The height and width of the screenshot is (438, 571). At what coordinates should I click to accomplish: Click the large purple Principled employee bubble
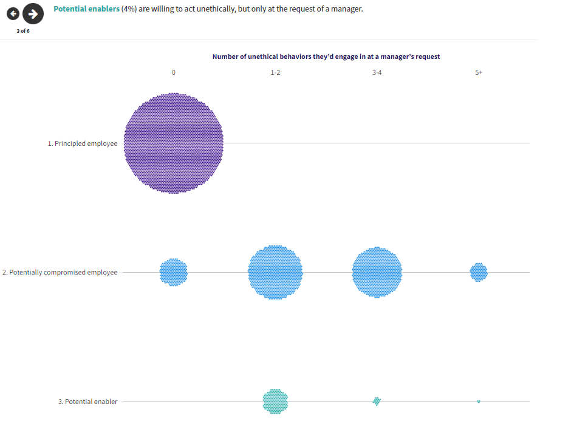pyautogui.click(x=174, y=143)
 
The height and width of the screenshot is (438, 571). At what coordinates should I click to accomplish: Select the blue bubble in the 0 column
pyautogui.click(x=174, y=272)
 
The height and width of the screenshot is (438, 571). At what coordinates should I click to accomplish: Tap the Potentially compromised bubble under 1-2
pyautogui.click(x=275, y=272)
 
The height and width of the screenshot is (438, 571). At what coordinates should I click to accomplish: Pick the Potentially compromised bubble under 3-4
pyautogui.click(x=377, y=272)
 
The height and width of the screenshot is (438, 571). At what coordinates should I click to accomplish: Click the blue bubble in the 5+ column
pyautogui.click(x=479, y=272)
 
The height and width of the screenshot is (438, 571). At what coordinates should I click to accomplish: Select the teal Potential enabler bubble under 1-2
pyautogui.click(x=275, y=401)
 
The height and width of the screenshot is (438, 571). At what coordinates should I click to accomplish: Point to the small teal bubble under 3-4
pyautogui.click(x=377, y=401)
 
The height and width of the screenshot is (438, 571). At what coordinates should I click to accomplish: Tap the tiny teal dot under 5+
pyautogui.click(x=479, y=402)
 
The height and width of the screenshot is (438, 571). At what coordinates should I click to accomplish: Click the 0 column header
pyautogui.click(x=174, y=72)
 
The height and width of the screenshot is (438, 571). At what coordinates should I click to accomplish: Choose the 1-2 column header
pyautogui.click(x=275, y=72)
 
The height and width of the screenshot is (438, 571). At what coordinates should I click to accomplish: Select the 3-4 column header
pyautogui.click(x=377, y=72)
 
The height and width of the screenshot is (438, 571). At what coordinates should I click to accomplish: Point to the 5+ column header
pyautogui.click(x=479, y=72)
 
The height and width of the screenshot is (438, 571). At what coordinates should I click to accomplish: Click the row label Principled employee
pyautogui.click(x=83, y=144)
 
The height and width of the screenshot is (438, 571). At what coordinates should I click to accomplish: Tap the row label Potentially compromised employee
pyautogui.click(x=60, y=273)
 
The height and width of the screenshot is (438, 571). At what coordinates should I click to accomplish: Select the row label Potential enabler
pyautogui.click(x=88, y=402)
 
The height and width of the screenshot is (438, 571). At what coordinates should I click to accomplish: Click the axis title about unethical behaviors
pyautogui.click(x=326, y=56)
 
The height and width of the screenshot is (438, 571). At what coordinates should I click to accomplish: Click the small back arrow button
pyautogui.click(x=12, y=13)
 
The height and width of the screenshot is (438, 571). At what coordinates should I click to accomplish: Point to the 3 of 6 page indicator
pyautogui.click(x=23, y=31)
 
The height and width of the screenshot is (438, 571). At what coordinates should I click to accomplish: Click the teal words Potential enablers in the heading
pyautogui.click(x=86, y=9)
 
